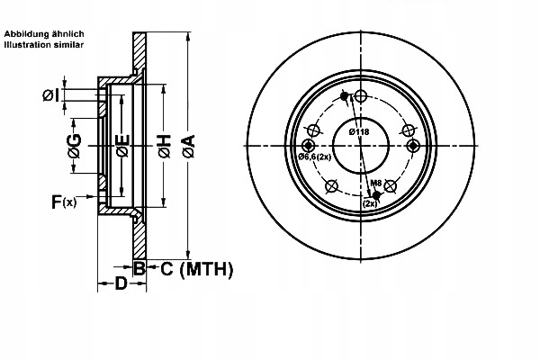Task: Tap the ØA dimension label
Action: [x=188, y=146]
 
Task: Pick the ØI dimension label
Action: [x=50, y=95]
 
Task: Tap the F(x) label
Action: [x=63, y=203]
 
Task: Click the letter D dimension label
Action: [x=121, y=285]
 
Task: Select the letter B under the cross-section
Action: [x=139, y=267]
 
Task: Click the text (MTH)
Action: [x=207, y=268]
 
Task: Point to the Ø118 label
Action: [x=360, y=132]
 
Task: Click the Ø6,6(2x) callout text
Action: [x=315, y=157]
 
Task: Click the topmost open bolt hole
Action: [x=360, y=97]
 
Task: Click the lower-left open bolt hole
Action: [x=330, y=187]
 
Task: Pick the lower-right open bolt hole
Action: [x=391, y=187]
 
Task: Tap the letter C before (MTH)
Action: [x=166, y=268]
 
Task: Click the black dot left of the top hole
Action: [x=345, y=97]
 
